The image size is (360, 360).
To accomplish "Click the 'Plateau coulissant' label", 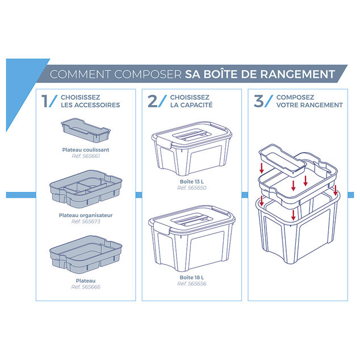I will (86, 149).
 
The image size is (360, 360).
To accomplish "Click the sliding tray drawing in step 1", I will (85, 130).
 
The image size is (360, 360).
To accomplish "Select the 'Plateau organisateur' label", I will (86, 215).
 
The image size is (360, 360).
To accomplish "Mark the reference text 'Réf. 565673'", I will (86, 221).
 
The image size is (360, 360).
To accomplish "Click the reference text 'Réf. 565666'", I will (86, 287).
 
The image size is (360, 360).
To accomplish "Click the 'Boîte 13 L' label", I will (189, 182).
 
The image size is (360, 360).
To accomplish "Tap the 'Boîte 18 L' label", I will (189, 277).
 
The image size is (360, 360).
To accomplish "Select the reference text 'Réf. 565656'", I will (189, 283).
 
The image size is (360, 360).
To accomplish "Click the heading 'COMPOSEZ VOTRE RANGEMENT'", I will (309, 101).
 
